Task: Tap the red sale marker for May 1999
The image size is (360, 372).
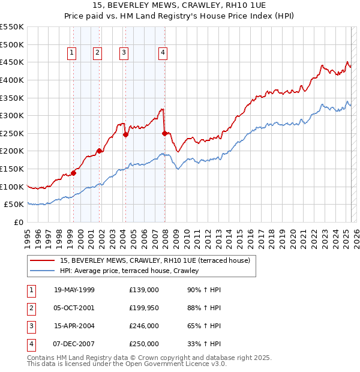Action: [73, 173]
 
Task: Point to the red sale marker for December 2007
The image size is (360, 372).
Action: [164, 133]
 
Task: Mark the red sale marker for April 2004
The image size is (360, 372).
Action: [125, 135]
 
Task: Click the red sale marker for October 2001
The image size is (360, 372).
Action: [99, 151]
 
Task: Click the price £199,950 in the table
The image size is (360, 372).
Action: [144, 308]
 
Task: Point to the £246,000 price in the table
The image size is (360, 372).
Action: [144, 326]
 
